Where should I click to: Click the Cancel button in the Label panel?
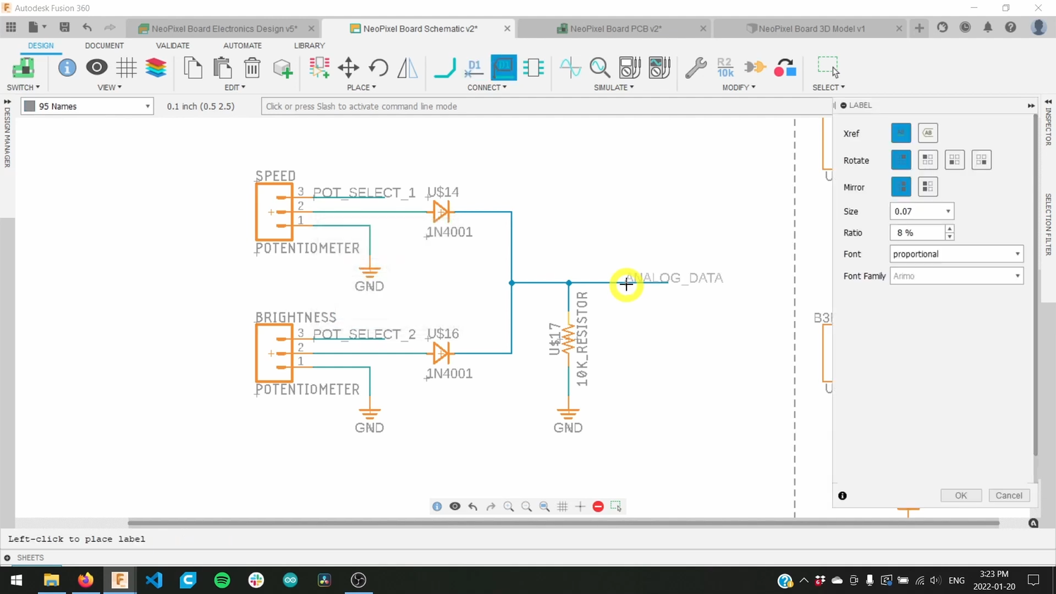(x=1009, y=495)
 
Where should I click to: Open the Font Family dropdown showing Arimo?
(x=956, y=276)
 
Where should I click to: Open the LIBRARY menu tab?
(x=309, y=46)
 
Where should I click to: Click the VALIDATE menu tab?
(x=172, y=46)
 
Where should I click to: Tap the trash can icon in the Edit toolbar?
(x=252, y=68)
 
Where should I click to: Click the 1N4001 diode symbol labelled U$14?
(x=441, y=211)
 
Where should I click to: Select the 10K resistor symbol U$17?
(x=568, y=339)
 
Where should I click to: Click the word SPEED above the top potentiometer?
(x=275, y=176)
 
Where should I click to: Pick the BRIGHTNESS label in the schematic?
(x=296, y=317)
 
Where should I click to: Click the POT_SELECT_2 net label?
(x=364, y=334)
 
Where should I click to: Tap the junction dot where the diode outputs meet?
(x=512, y=283)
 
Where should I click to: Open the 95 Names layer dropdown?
(x=88, y=106)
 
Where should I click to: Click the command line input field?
(x=546, y=106)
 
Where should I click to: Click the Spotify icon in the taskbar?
(x=222, y=580)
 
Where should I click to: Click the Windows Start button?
(x=16, y=580)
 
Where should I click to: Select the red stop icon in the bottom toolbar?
(x=598, y=507)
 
